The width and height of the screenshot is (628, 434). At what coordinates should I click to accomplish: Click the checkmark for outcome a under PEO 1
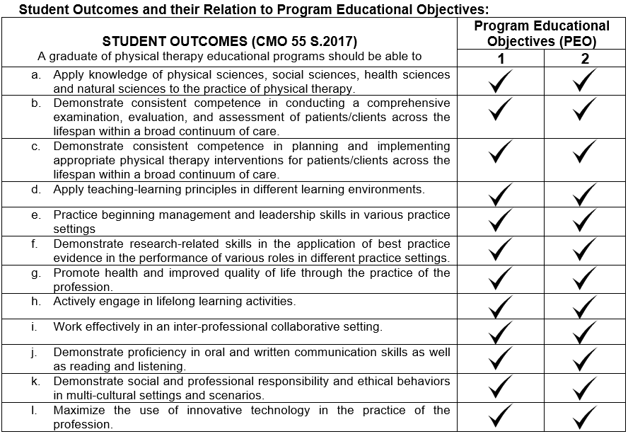[x=501, y=81]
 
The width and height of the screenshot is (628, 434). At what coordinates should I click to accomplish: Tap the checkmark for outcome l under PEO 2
[x=585, y=416]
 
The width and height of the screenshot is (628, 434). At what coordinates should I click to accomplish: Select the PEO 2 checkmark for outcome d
[x=585, y=193]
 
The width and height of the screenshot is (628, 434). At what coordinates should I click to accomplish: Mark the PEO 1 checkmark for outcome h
[x=501, y=306]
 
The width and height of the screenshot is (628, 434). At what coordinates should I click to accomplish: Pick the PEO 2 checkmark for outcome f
[x=585, y=249]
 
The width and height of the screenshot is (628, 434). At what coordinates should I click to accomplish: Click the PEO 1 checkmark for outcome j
[x=501, y=359]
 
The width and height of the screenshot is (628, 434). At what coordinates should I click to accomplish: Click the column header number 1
[x=501, y=58]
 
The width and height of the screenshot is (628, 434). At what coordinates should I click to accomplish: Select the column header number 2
[x=585, y=58]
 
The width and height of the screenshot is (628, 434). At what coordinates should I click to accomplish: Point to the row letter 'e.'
[x=36, y=215]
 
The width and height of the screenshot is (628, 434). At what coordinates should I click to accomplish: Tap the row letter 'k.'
[x=36, y=382]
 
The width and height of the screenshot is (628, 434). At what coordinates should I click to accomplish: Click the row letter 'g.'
[x=36, y=273]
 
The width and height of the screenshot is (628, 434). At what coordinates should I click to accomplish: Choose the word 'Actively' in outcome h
[x=76, y=302]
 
